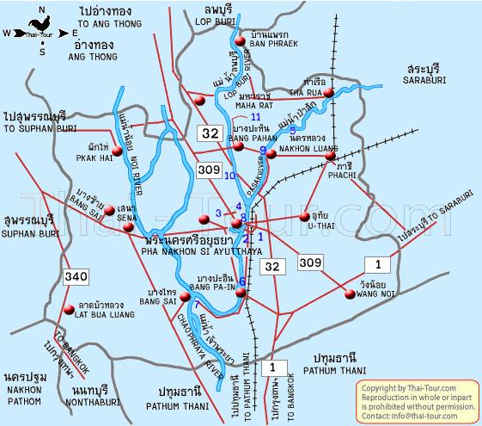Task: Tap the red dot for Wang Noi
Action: (350, 294)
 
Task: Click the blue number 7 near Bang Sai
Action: (197, 305)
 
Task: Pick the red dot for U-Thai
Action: (303, 217)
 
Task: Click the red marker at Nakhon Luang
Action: (270, 154)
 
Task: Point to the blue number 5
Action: (292, 131)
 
